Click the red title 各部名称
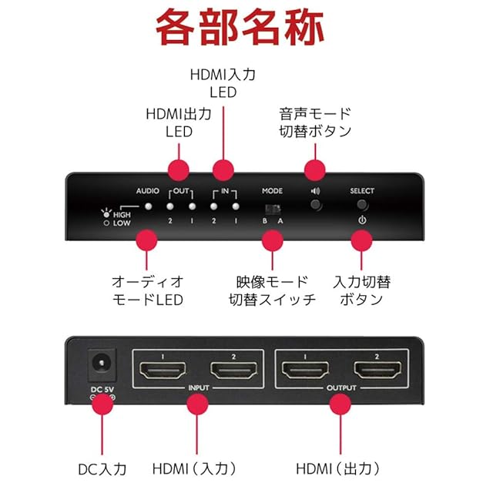coord(246,30)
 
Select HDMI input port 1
coord(163,371)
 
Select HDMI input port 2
coord(234,371)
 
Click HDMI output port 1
coord(305,371)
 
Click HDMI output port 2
coord(377,371)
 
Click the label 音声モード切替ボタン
coord(315,122)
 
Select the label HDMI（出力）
coord(339,468)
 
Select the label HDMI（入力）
coord(194,468)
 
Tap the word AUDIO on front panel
coord(147,190)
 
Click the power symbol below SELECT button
coord(361,220)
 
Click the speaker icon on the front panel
coord(315,190)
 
